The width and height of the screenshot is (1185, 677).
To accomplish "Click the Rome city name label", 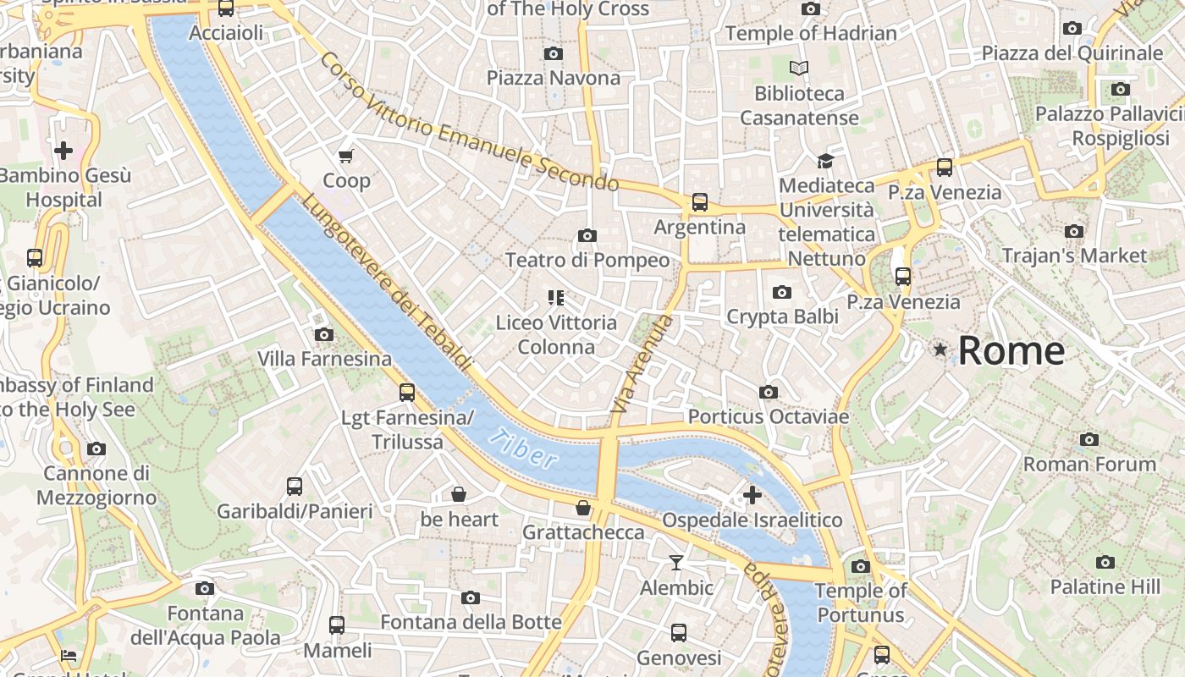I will (1011, 350).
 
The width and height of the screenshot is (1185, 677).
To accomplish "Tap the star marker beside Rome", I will (940, 350).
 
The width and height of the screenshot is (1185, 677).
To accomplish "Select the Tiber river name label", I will (524, 449).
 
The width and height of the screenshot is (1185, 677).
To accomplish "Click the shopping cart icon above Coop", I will (345, 156).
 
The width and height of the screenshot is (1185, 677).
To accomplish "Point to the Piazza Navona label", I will (553, 78).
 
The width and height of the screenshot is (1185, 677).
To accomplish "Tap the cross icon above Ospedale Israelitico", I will (752, 494).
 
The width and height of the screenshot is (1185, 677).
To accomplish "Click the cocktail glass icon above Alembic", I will (675, 563).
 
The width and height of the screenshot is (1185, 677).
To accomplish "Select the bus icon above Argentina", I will (699, 202).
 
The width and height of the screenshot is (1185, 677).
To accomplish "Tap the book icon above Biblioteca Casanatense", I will (798, 68).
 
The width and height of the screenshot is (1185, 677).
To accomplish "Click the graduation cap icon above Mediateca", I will (825, 161).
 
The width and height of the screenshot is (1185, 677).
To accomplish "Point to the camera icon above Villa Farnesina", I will (323, 334).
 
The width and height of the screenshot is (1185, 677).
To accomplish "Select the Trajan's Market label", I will (1074, 256).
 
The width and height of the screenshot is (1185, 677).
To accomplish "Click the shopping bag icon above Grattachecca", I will (582, 508).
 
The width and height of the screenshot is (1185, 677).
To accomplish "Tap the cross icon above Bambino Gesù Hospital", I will (63, 151).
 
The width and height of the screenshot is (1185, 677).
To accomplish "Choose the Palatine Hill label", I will (1105, 586).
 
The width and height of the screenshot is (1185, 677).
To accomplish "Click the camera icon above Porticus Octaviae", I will (768, 392).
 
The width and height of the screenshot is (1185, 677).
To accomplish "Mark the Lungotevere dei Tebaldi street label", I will (386, 282).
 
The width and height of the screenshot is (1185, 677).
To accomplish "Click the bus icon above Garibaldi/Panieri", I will (294, 487).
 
